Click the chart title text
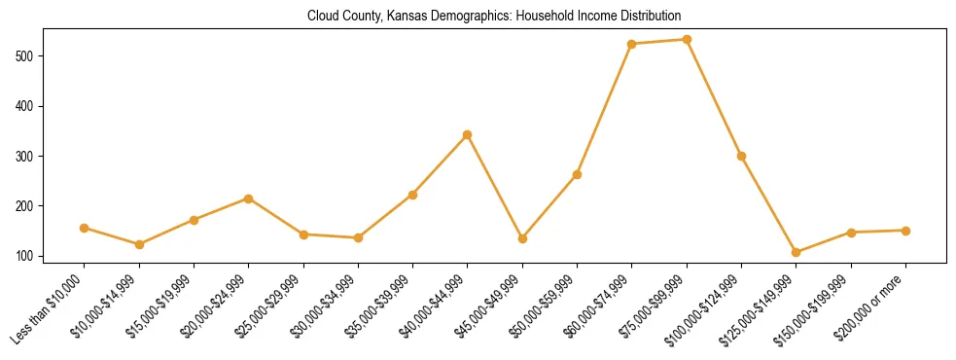tap(493, 17)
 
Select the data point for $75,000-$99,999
tap(687, 40)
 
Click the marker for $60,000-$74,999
tap(632, 44)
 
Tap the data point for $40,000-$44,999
tap(468, 134)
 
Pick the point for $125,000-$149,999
tap(797, 252)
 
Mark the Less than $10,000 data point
tap(85, 228)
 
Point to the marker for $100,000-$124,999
tap(742, 156)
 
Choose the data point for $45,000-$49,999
tap(522, 238)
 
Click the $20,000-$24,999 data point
tap(249, 198)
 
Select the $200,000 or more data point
tap(905, 231)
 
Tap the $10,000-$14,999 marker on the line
tap(139, 244)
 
